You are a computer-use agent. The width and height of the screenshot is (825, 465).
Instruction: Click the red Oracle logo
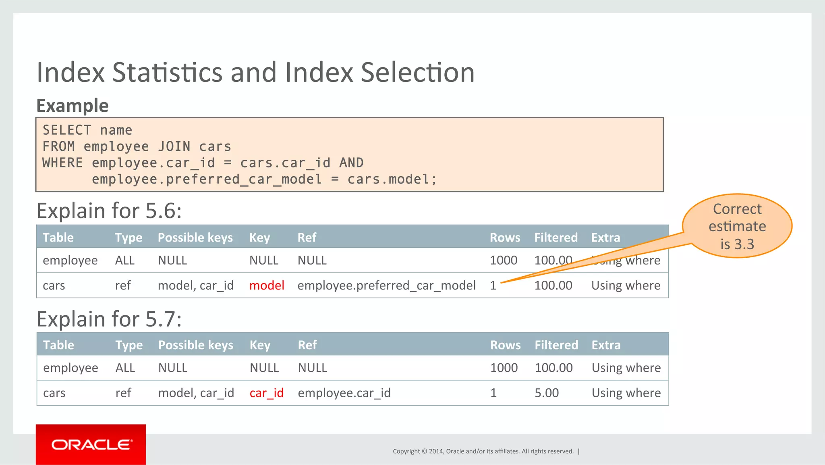(x=91, y=444)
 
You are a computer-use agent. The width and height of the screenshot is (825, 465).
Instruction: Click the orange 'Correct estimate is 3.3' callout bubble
(x=737, y=226)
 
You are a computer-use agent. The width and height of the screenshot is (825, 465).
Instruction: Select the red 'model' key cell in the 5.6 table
(x=267, y=286)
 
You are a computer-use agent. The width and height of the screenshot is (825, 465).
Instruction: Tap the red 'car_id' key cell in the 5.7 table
(x=266, y=393)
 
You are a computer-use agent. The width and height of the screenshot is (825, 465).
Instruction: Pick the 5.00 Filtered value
(x=546, y=393)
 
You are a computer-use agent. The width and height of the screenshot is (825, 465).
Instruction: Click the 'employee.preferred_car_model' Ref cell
(x=386, y=286)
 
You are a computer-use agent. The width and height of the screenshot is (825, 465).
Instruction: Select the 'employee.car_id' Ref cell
(x=344, y=393)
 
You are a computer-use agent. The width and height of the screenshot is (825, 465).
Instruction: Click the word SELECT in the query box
(x=67, y=130)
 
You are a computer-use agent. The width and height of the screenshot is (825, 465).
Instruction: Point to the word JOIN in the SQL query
(x=174, y=146)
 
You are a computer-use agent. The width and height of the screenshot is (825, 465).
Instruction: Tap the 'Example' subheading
(x=73, y=106)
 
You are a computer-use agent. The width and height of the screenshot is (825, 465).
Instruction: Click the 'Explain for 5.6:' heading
(x=109, y=211)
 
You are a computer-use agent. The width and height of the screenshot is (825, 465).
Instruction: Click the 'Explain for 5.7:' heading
(x=109, y=319)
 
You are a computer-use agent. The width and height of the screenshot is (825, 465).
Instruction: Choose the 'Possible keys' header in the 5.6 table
(x=195, y=238)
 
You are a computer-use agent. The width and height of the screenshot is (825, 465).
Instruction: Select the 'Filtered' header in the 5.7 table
(x=556, y=345)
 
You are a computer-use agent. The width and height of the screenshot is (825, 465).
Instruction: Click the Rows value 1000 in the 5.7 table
(x=504, y=368)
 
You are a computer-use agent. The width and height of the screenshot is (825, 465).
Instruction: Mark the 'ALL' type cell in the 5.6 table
(x=124, y=261)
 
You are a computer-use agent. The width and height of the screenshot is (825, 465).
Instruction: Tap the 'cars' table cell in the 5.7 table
(x=54, y=393)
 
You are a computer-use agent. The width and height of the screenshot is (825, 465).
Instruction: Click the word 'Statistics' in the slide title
(x=167, y=73)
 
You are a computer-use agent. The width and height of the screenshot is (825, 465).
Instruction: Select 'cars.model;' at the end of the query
(x=392, y=179)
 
